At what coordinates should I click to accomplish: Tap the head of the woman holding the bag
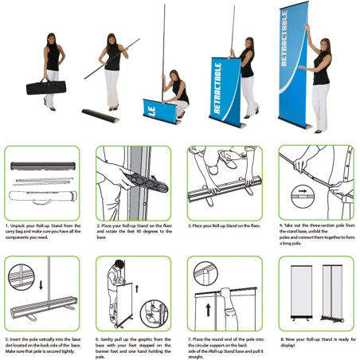pyautogui.click(x=52, y=40)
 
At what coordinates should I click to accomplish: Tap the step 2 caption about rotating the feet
pyautogui.click(x=133, y=232)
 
